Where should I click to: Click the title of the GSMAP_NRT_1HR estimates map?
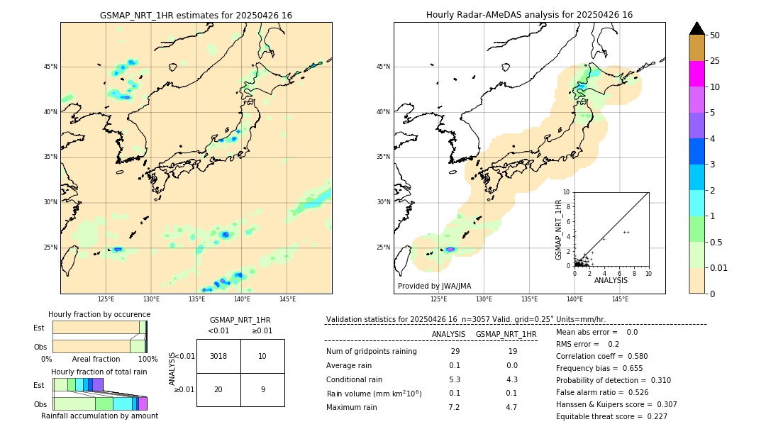(196, 15)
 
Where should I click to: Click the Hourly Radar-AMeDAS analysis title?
(529, 15)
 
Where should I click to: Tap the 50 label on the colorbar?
(715, 35)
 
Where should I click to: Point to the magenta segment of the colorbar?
(696, 74)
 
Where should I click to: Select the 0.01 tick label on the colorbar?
(719, 267)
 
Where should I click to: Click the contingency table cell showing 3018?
(218, 356)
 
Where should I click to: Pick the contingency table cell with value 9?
(262, 389)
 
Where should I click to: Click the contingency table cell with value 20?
(218, 389)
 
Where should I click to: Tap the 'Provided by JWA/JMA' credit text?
(434, 286)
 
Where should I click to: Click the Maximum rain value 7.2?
(454, 407)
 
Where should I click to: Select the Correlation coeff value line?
(601, 356)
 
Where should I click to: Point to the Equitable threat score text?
(611, 416)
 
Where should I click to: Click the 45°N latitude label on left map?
(50, 67)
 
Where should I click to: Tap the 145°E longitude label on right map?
(620, 300)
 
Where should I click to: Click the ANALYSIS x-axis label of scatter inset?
(611, 280)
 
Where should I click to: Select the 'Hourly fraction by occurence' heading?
(99, 314)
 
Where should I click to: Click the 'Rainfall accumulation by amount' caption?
(99, 416)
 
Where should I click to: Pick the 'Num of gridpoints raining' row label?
(371, 352)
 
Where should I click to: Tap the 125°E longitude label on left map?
(106, 300)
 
